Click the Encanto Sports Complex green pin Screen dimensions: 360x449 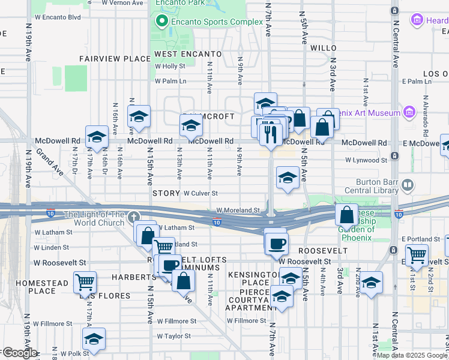point(161,22)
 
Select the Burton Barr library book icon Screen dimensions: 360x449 point(408,185)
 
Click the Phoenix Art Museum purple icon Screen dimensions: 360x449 point(409,112)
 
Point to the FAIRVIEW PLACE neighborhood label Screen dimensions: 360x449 point(115,59)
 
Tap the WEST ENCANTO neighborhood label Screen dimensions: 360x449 point(179,54)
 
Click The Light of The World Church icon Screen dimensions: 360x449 point(133,216)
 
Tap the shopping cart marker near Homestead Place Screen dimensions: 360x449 point(85,281)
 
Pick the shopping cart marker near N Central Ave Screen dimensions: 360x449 point(416,255)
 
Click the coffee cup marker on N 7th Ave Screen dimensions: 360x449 point(276,243)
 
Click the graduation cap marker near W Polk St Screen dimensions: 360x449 point(94,339)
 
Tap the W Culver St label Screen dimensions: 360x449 point(200,193)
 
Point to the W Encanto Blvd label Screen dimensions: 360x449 point(58,17)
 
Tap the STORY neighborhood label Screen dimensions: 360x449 point(166,193)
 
